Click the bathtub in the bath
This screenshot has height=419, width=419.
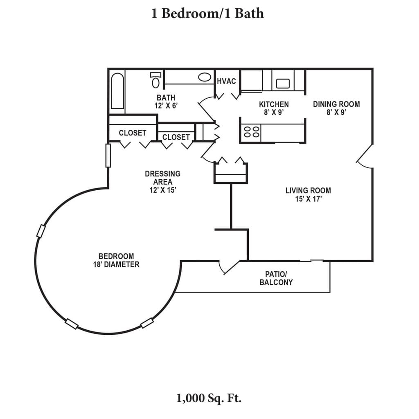[117, 91]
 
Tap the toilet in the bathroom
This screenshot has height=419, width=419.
[155, 80]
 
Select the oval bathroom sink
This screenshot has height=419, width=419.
[205, 77]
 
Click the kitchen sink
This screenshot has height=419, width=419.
[283, 83]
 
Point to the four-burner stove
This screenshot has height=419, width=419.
[251, 131]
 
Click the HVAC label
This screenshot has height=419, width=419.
[226, 81]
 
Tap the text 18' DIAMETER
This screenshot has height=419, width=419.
[116, 265]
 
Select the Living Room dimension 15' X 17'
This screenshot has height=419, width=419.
[308, 199]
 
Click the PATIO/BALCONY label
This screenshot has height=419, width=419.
[276, 278]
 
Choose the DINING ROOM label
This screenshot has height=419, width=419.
[336, 104]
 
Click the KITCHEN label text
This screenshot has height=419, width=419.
[274, 104]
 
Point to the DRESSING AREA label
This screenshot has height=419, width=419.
[162, 178]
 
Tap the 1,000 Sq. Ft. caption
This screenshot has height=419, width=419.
[209, 398]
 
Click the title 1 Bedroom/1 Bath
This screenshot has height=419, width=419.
[207, 14]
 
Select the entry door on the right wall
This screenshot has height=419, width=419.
[365, 157]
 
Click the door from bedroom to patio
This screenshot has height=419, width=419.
[229, 267]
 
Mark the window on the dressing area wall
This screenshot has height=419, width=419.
[108, 155]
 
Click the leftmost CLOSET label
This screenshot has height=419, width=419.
[133, 133]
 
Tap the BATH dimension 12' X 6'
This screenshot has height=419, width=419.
[166, 106]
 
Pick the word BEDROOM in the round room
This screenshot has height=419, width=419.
[116, 256]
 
